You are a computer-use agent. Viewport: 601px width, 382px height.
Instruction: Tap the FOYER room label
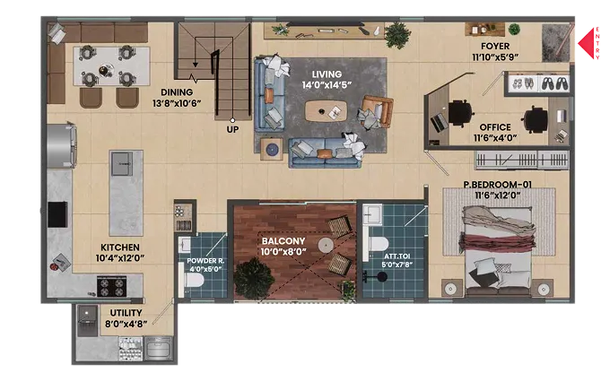(x=495, y=47)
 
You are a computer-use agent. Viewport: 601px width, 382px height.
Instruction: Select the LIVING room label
(x=327, y=74)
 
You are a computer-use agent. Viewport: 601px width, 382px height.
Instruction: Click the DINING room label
(x=177, y=92)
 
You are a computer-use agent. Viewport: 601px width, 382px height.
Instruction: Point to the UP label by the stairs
(x=232, y=129)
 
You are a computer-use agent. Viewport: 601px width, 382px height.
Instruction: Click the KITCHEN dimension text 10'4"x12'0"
(x=120, y=258)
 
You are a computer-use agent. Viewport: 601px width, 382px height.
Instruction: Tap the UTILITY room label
(x=126, y=313)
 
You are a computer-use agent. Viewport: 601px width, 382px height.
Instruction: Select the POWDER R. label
(x=205, y=261)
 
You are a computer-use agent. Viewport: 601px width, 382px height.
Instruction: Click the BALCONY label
(x=283, y=241)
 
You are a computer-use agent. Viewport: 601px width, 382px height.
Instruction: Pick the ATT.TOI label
(x=397, y=256)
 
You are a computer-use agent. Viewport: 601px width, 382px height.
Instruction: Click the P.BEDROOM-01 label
(x=498, y=185)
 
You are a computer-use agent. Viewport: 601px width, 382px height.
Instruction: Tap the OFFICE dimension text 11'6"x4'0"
(x=495, y=138)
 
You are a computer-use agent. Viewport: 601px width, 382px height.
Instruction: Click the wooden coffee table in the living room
(x=326, y=111)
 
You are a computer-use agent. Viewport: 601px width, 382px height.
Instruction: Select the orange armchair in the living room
(x=376, y=111)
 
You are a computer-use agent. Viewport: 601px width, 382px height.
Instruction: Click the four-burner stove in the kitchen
(x=111, y=287)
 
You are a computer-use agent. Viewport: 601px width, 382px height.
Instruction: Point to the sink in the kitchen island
(x=122, y=163)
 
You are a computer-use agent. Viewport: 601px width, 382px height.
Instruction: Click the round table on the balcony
(x=325, y=244)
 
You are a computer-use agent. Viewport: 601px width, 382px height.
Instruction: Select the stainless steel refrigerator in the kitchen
(x=61, y=145)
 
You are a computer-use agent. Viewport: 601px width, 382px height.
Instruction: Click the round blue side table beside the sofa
(x=272, y=149)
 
